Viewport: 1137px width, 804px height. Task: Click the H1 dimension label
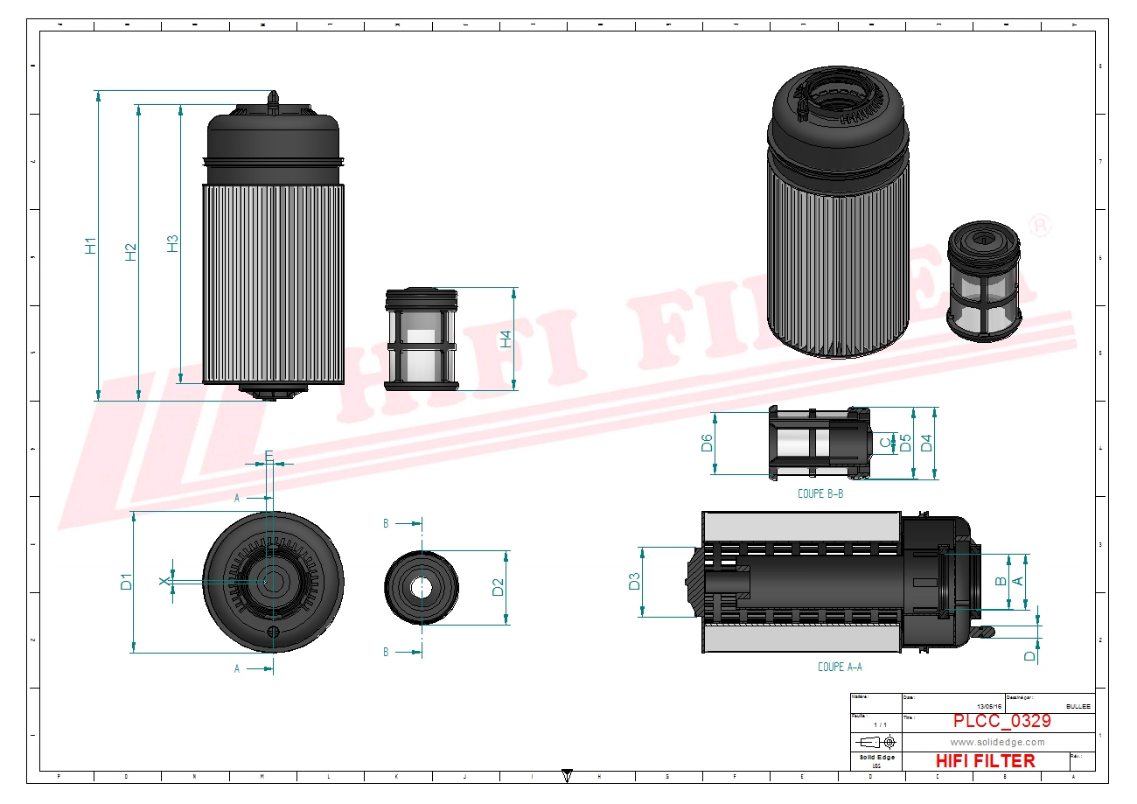click(x=90, y=246)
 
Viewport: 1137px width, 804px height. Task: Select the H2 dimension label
click(x=131, y=252)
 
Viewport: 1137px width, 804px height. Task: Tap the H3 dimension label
click(x=172, y=243)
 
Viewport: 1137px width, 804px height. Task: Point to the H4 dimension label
click(x=506, y=339)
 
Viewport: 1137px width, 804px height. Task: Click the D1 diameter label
click(x=126, y=581)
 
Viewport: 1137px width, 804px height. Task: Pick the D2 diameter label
click(x=498, y=587)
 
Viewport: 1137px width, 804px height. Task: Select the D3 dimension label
click(x=635, y=581)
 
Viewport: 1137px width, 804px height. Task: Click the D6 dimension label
click(x=707, y=444)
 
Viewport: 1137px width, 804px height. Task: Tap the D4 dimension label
click(x=926, y=443)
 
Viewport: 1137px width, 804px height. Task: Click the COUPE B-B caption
click(x=820, y=493)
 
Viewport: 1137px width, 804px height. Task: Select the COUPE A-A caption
click(x=840, y=667)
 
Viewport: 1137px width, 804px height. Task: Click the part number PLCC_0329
click(x=1001, y=722)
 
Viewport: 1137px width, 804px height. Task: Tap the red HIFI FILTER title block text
click(x=985, y=761)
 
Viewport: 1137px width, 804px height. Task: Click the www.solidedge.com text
click(x=997, y=742)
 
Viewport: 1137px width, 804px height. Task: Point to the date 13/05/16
click(x=989, y=706)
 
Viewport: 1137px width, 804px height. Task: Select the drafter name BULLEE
click(x=1078, y=706)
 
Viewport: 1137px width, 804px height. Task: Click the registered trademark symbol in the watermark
click(x=1040, y=225)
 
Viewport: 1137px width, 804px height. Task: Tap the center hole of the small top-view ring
click(x=422, y=587)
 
